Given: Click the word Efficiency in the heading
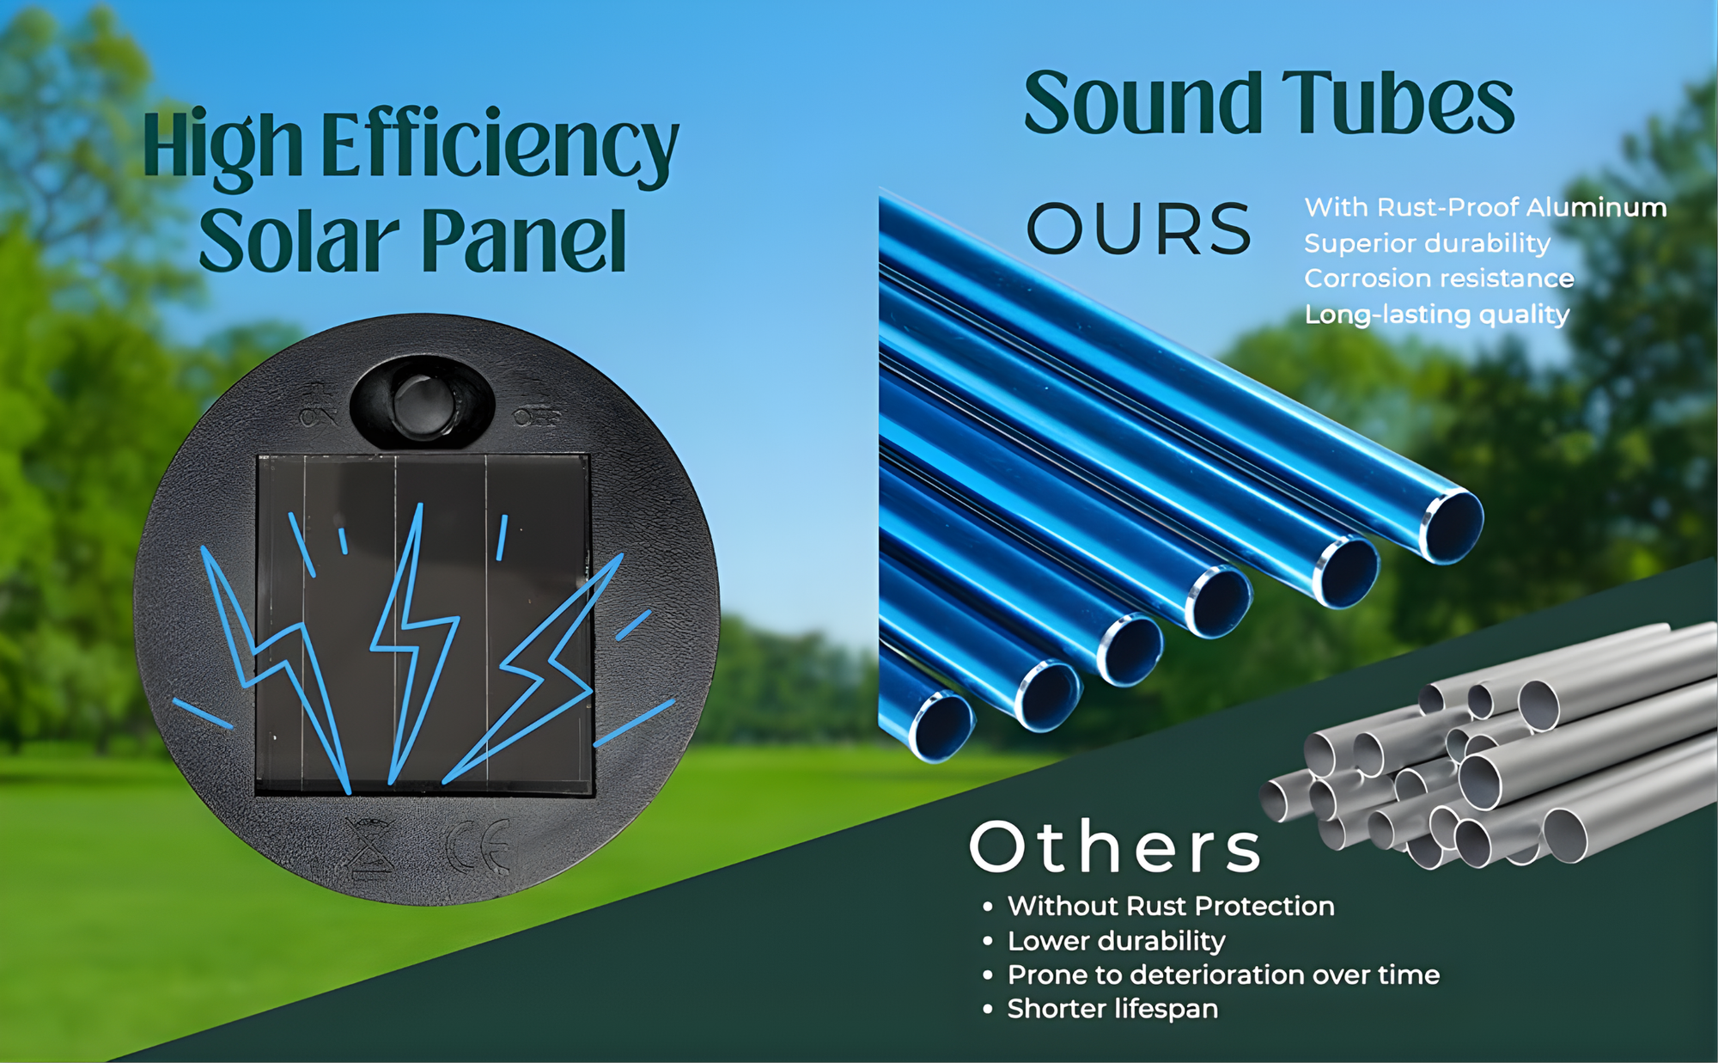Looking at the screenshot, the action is pyautogui.click(x=500, y=146).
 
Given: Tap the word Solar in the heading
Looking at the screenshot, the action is pyautogui.click(x=300, y=240).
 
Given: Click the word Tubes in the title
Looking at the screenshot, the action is pyautogui.click(x=1398, y=103).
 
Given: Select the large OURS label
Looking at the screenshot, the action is pyautogui.click(x=1140, y=229).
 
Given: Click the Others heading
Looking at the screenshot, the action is pyautogui.click(x=1116, y=846).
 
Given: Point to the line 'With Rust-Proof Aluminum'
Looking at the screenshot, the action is pyautogui.click(x=1485, y=207).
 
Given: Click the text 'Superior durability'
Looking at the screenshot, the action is pyautogui.click(x=1427, y=243).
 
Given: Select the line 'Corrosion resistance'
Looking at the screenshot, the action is pyautogui.click(x=1439, y=278).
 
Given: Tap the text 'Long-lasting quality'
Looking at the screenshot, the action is pyautogui.click(x=1437, y=315).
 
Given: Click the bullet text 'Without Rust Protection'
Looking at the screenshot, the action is pyautogui.click(x=1171, y=906).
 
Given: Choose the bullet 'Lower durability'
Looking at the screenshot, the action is pyautogui.click(x=1117, y=941).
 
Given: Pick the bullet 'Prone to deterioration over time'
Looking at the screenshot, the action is pyautogui.click(x=1223, y=974).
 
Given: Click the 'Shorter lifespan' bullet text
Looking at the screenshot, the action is pyautogui.click(x=1112, y=1009).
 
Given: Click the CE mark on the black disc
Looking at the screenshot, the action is pyautogui.click(x=479, y=846).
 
